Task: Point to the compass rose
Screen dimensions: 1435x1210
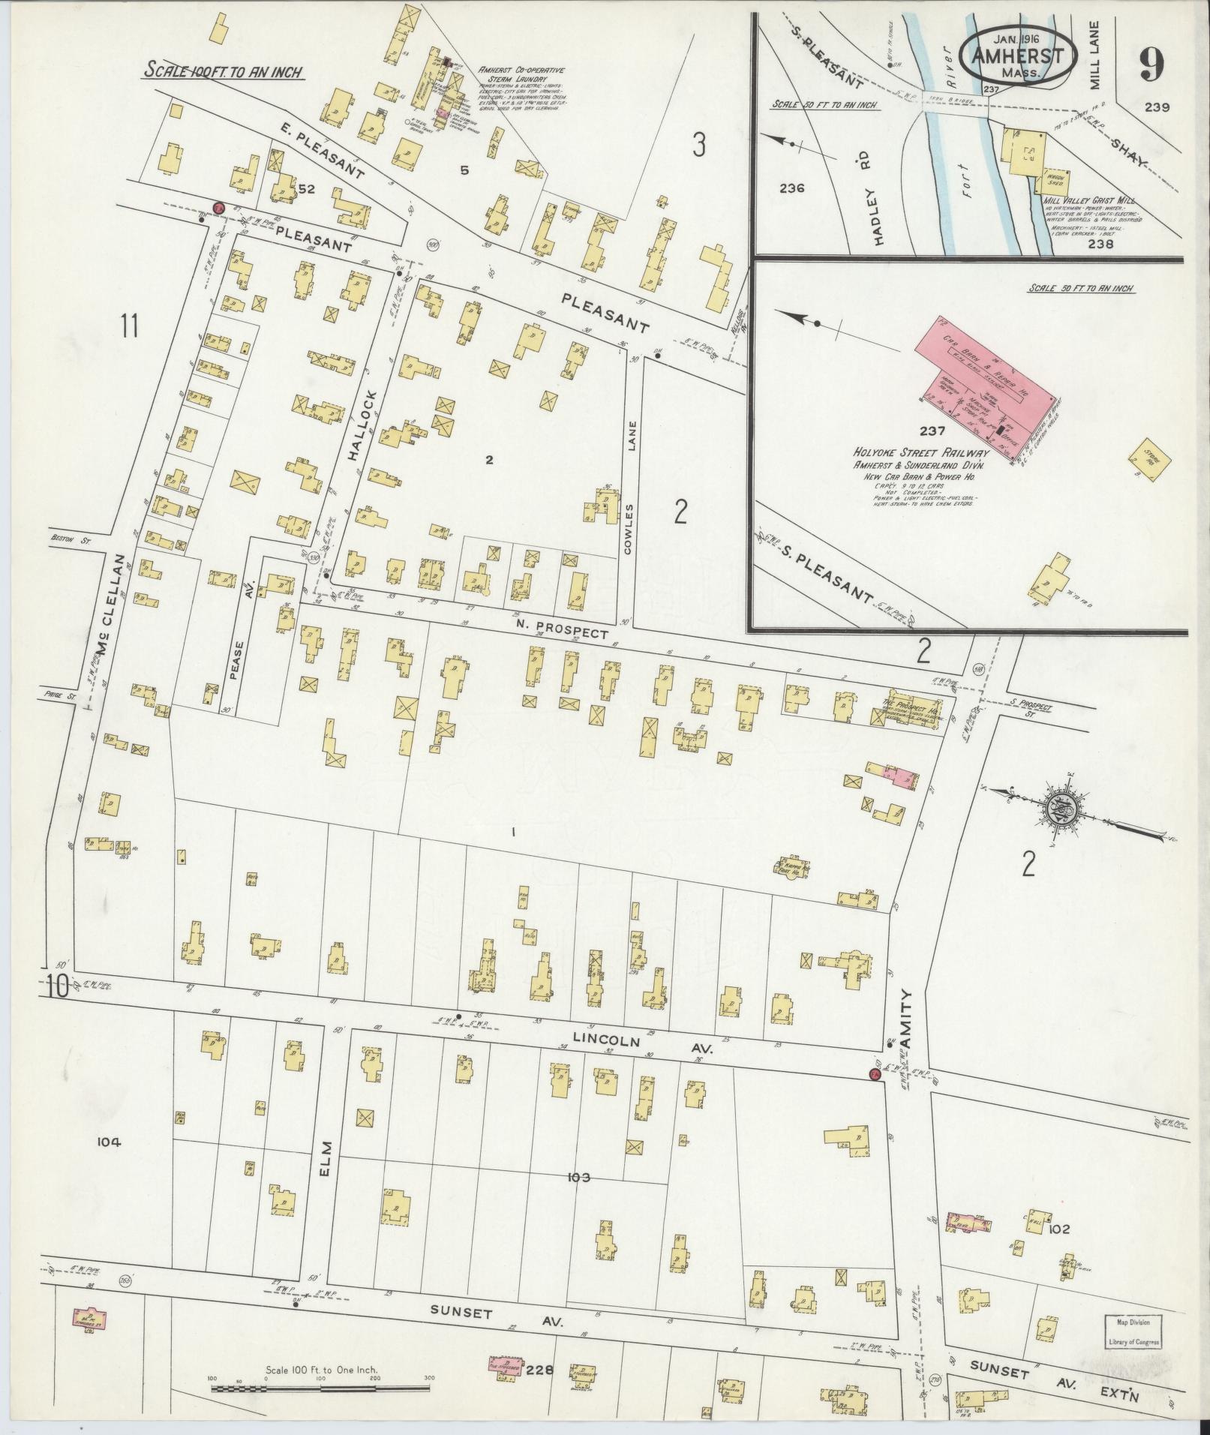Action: point(1060,809)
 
